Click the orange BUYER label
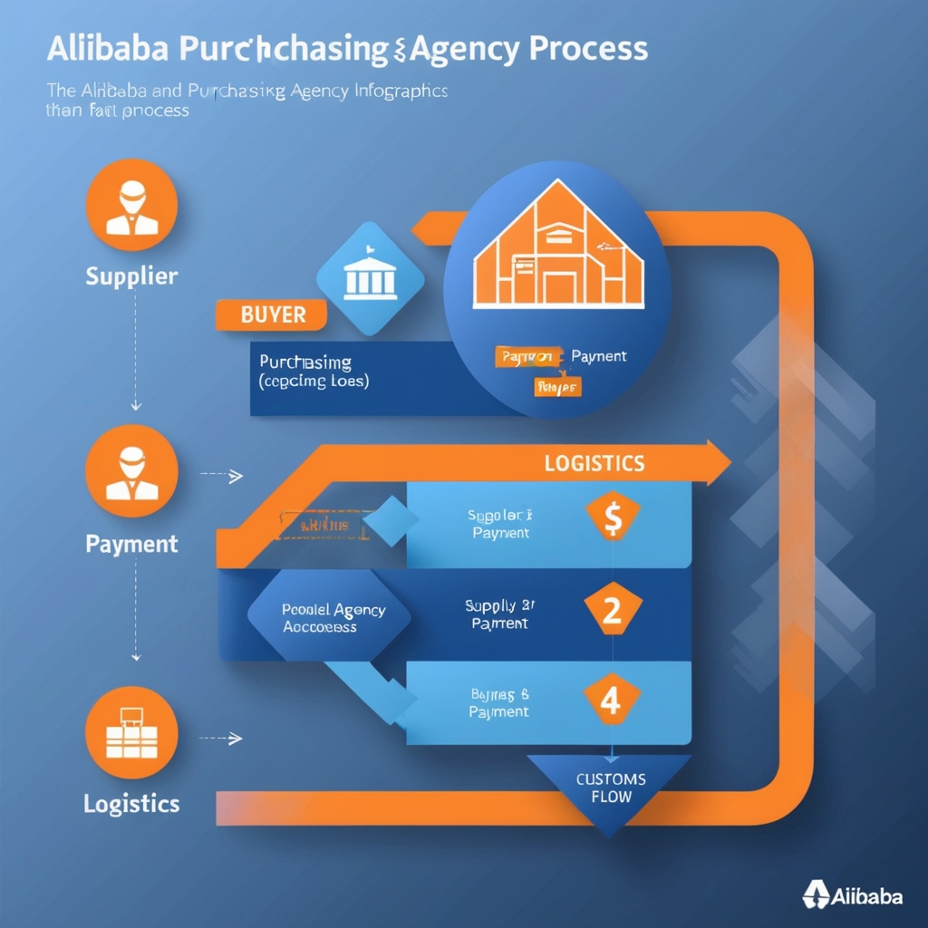click(x=273, y=315)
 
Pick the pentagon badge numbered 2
click(x=613, y=611)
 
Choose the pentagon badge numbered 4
click(x=613, y=701)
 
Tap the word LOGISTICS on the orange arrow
click(x=594, y=463)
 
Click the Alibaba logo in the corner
click(x=853, y=895)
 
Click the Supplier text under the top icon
click(x=132, y=275)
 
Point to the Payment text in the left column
click(x=132, y=544)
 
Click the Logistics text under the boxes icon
click(x=132, y=803)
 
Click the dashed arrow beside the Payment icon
click(x=221, y=474)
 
